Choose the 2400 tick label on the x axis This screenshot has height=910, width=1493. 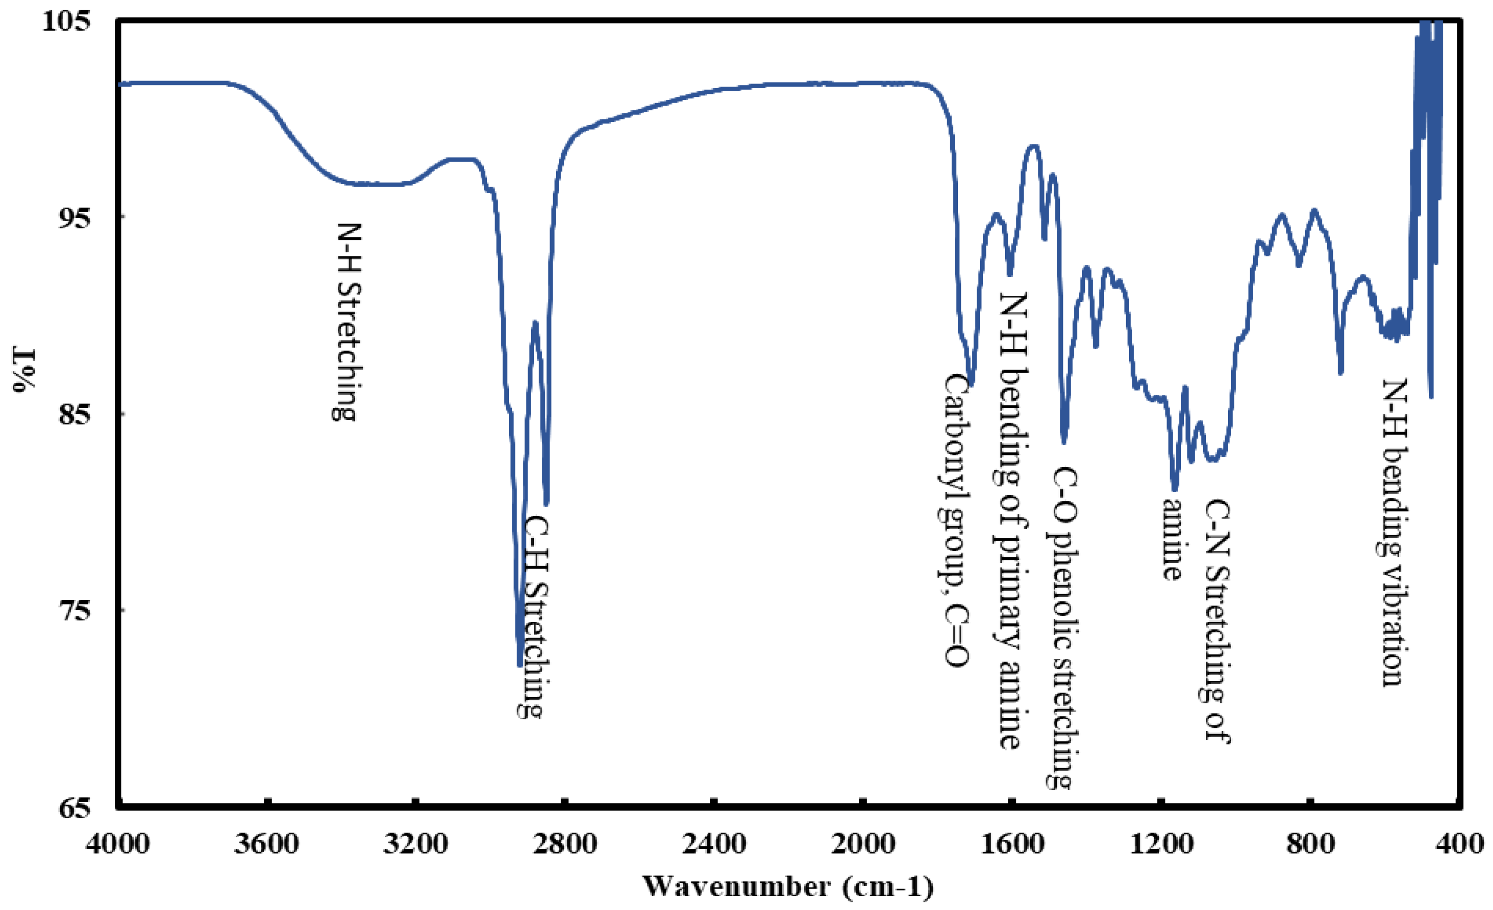714,843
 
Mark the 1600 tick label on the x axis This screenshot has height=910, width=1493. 1011,843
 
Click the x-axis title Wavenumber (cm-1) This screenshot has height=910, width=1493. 788,886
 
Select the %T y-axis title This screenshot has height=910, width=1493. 24,370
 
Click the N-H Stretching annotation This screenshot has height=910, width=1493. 346,322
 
